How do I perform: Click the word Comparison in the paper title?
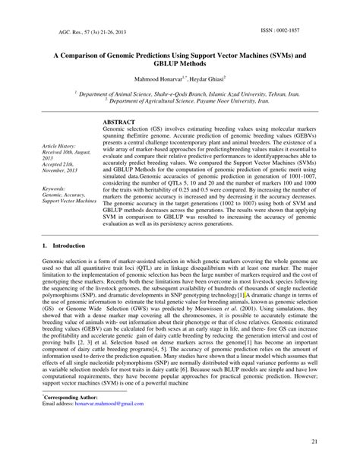pos(86,56)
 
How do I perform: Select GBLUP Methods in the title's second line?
pos(181,65)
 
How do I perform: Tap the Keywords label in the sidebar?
pos(57,188)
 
